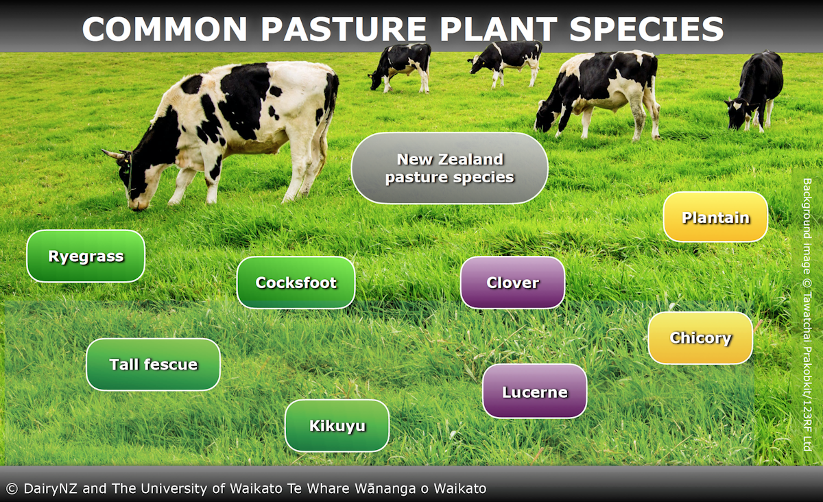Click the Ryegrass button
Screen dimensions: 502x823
pyautogui.click(x=86, y=256)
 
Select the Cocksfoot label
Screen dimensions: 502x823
pyautogui.click(x=296, y=283)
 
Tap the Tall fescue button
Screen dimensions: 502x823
pyautogui.click(x=153, y=364)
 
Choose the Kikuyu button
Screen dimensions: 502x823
pyautogui.click(x=337, y=426)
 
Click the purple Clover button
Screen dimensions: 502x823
pyautogui.click(x=512, y=283)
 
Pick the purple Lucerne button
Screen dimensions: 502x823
pyautogui.click(x=534, y=392)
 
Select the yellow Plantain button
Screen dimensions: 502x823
pyautogui.click(x=715, y=217)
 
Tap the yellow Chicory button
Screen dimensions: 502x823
pyautogui.click(x=700, y=338)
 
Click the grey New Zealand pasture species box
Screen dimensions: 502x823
pyautogui.click(x=449, y=168)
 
